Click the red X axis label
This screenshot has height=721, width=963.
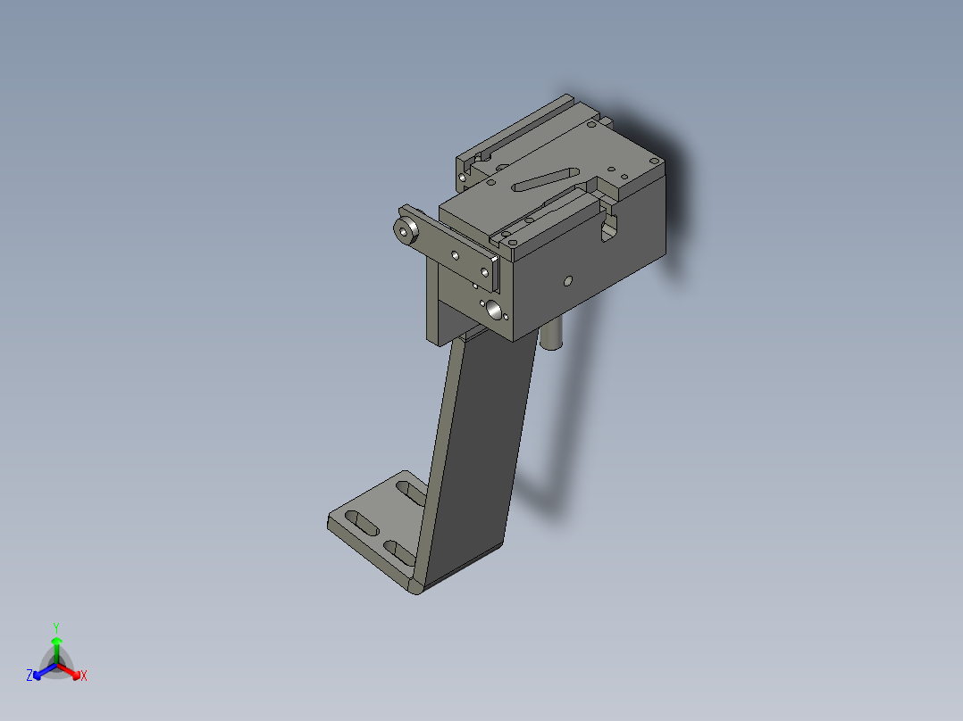(x=84, y=675)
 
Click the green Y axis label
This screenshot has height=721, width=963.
(x=56, y=627)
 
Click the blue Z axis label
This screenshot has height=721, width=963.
(x=29, y=675)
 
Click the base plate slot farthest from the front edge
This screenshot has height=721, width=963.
(x=412, y=493)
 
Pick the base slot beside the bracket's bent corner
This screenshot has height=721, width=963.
(x=400, y=552)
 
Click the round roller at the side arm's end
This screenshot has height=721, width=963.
(x=406, y=231)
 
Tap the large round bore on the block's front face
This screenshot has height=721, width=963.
(x=493, y=311)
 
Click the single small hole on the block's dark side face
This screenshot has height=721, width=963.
(x=568, y=281)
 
